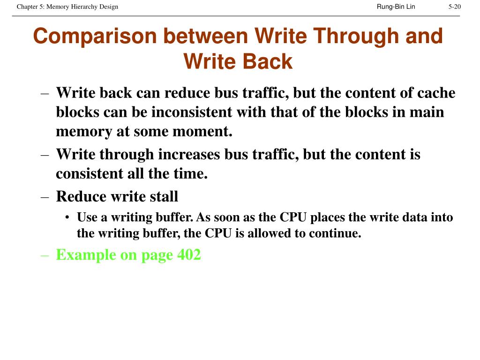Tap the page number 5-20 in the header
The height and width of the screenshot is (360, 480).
[x=454, y=7]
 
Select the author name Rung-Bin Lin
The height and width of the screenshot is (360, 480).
[x=396, y=7]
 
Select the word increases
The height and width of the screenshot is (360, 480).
[x=184, y=154]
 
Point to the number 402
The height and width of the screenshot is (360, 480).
[x=189, y=255]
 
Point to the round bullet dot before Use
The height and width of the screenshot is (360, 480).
[x=68, y=218]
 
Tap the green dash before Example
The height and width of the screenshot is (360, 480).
[x=45, y=255]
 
